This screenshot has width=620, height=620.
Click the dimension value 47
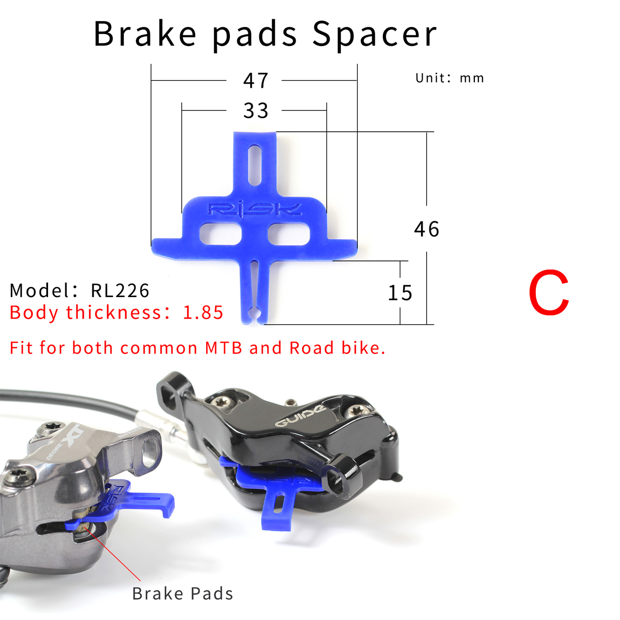(256, 81)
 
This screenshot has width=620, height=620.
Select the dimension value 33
(256, 111)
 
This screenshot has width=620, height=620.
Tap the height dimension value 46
(426, 229)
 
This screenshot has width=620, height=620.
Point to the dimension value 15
(400, 293)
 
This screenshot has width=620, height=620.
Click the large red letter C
(548, 293)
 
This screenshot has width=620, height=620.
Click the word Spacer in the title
(375, 34)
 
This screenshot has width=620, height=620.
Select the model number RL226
(120, 290)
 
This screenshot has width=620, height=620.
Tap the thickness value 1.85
(203, 313)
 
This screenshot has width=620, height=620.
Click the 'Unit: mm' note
(450, 78)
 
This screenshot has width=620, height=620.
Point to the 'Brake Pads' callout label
(182, 594)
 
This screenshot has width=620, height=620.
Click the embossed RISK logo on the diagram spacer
(254, 209)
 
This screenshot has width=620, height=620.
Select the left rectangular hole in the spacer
(220, 234)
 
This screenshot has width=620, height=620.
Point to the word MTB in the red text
(224, 348)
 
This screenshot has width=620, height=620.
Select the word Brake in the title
(145, 34)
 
